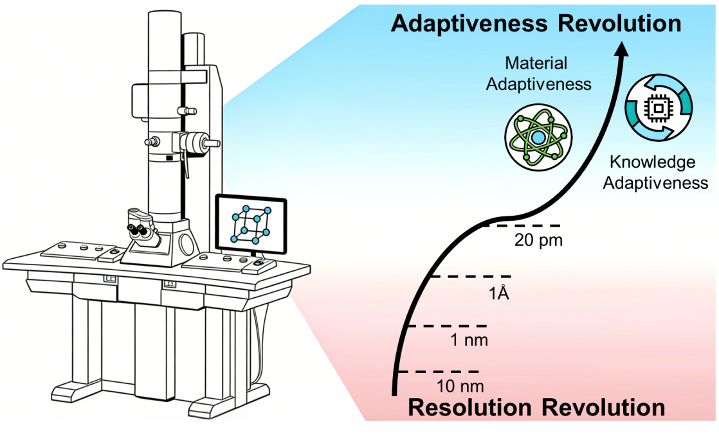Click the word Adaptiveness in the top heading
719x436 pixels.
click(469, 24)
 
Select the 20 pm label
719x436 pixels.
click(538, 241)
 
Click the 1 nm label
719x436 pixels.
click(468, 340)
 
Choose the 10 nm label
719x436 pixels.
click(459, 387)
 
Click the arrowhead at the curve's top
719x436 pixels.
click(622, 51)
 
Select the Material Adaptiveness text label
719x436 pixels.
click(538, 73)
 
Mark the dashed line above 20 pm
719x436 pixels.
click(523, 225)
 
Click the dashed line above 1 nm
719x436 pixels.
click(449, 326)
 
